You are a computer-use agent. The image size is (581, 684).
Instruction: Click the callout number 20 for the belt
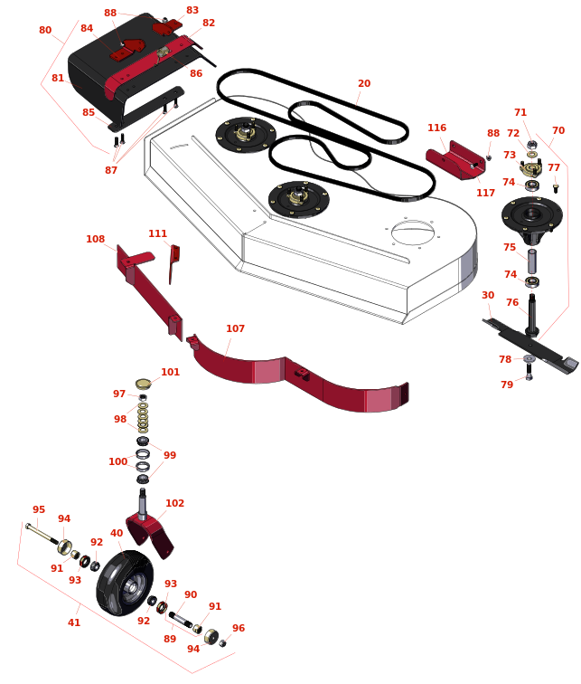(x=364, y=83)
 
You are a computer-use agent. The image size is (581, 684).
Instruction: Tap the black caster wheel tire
(x=125, y=583)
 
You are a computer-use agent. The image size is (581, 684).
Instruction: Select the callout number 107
(x=235, y=328)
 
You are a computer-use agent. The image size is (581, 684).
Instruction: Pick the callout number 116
(x=436, y=128)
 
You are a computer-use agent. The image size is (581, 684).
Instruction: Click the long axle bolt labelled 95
(x=42, y=534)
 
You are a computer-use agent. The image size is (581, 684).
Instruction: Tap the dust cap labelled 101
(x=144, y=385)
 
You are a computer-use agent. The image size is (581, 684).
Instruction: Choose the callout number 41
(x=74, y=622)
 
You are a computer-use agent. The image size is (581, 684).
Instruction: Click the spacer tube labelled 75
(x=532, y=261)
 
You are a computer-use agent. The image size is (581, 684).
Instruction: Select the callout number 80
(x=45, y=30)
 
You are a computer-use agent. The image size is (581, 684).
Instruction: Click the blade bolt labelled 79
(x=529, y=372)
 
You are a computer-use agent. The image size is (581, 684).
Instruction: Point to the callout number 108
(x=96, y=239)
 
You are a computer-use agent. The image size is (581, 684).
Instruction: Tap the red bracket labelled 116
(x=455, y=160)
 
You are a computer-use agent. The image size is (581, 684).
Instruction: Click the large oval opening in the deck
(x=413, y=233)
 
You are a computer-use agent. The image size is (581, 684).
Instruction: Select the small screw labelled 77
(x=556, y=188)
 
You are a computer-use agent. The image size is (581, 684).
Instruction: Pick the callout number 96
(x=239, y=628)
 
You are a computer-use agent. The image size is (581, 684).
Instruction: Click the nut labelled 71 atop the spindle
(x=531, y=145)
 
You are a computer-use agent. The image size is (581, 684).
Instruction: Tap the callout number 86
(x=196, y=73)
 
